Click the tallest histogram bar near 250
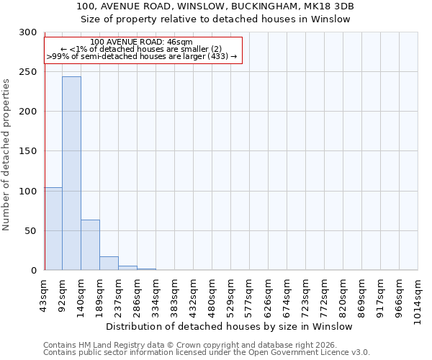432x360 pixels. click(x=71, y=173)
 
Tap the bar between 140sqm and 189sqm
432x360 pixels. click(x=90, y=245)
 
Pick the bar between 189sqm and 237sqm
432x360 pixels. click(x=109, y=264)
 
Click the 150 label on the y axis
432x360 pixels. click(x=29, y=151)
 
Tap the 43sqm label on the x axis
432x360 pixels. click(x=44, y=294)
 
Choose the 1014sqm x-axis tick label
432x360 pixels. click(x=418, y=298)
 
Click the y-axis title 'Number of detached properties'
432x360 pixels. click(x=7, y=154)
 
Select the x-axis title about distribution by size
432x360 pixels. click(x=234, y=326)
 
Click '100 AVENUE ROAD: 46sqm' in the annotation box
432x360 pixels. click(x=142, y=42)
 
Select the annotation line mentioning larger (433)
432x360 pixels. click(x=142, y=56)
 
